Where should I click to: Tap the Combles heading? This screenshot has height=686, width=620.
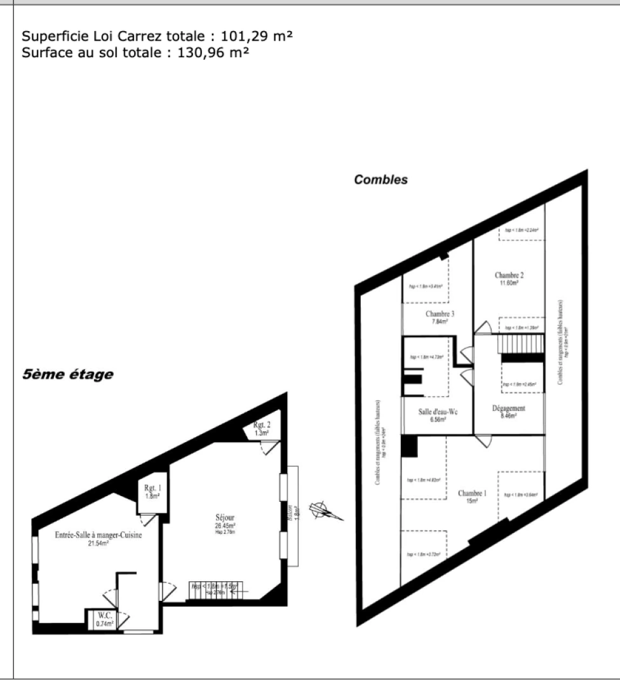coord(381,180)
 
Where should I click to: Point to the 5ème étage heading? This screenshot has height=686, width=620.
coord(67,374)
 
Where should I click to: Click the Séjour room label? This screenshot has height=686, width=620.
coord(225,518)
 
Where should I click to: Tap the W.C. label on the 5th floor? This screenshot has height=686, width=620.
coord(105,615)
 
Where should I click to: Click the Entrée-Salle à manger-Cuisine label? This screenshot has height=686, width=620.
coord(90,535)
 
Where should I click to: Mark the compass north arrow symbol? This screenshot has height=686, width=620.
coord(323,510)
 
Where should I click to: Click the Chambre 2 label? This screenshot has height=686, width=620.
coord(509,276)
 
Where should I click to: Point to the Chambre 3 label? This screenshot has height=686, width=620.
coord(440,314)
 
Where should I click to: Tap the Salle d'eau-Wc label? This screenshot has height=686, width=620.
coord(438,412)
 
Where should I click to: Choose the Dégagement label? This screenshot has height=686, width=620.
coord(509,408)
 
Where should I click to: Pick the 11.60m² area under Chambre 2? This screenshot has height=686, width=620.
coord(509,283)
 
